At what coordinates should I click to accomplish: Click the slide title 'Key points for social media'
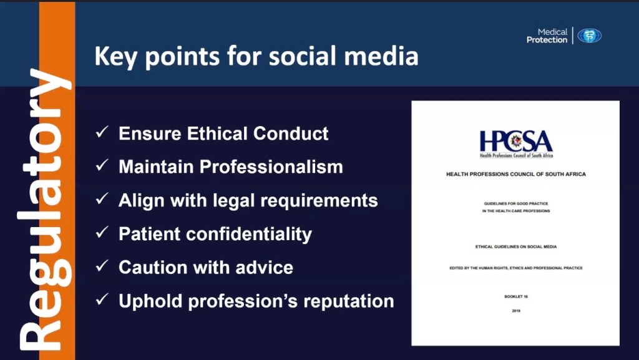256,57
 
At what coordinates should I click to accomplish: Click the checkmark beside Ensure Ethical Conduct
102,132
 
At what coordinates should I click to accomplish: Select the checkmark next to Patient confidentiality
102,232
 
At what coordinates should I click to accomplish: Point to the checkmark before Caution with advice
102,266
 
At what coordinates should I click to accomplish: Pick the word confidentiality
249,234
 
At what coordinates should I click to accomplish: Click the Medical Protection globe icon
589,36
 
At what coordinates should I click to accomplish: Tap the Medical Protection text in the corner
547,36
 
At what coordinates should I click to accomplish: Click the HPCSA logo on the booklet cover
516,144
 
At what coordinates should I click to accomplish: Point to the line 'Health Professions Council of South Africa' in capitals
516,174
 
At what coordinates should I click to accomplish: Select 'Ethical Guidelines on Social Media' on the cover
516,247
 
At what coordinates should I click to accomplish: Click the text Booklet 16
516,296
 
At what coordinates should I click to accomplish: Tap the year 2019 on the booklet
516,311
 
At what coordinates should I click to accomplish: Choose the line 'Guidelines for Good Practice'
516,203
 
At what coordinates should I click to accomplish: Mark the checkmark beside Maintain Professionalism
102,165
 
